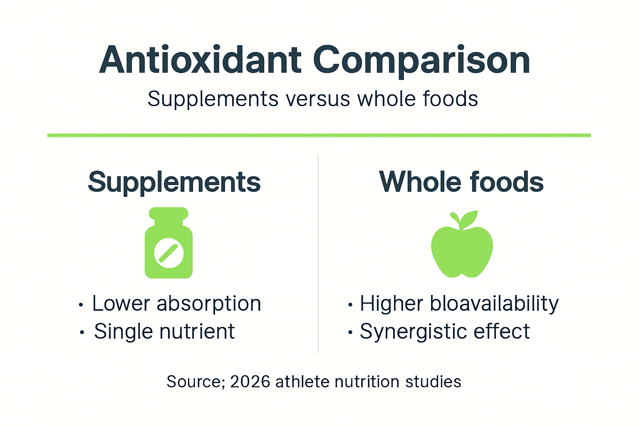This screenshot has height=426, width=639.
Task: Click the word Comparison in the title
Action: click(x=421, y=60)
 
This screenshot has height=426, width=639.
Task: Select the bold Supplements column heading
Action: click(x=174, y=182)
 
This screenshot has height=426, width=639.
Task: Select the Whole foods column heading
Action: click(x=461, y=182)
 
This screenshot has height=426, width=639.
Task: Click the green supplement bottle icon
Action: click(x=168, y=250)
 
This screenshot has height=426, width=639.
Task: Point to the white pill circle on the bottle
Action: click(x=168, y=253)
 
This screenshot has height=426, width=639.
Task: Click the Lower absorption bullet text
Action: click(x=176, y=303)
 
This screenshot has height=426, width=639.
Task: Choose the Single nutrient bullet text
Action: click(x=164, y=332)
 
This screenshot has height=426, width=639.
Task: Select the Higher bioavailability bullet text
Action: click(x=459, y=303)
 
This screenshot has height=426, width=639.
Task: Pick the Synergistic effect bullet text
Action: click(x=445, y=332)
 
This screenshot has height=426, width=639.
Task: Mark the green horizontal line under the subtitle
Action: click(x=319, y=135)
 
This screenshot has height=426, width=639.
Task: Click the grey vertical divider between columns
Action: click(x=318, y=254)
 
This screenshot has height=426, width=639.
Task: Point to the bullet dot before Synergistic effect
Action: click(x=350, y=333)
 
